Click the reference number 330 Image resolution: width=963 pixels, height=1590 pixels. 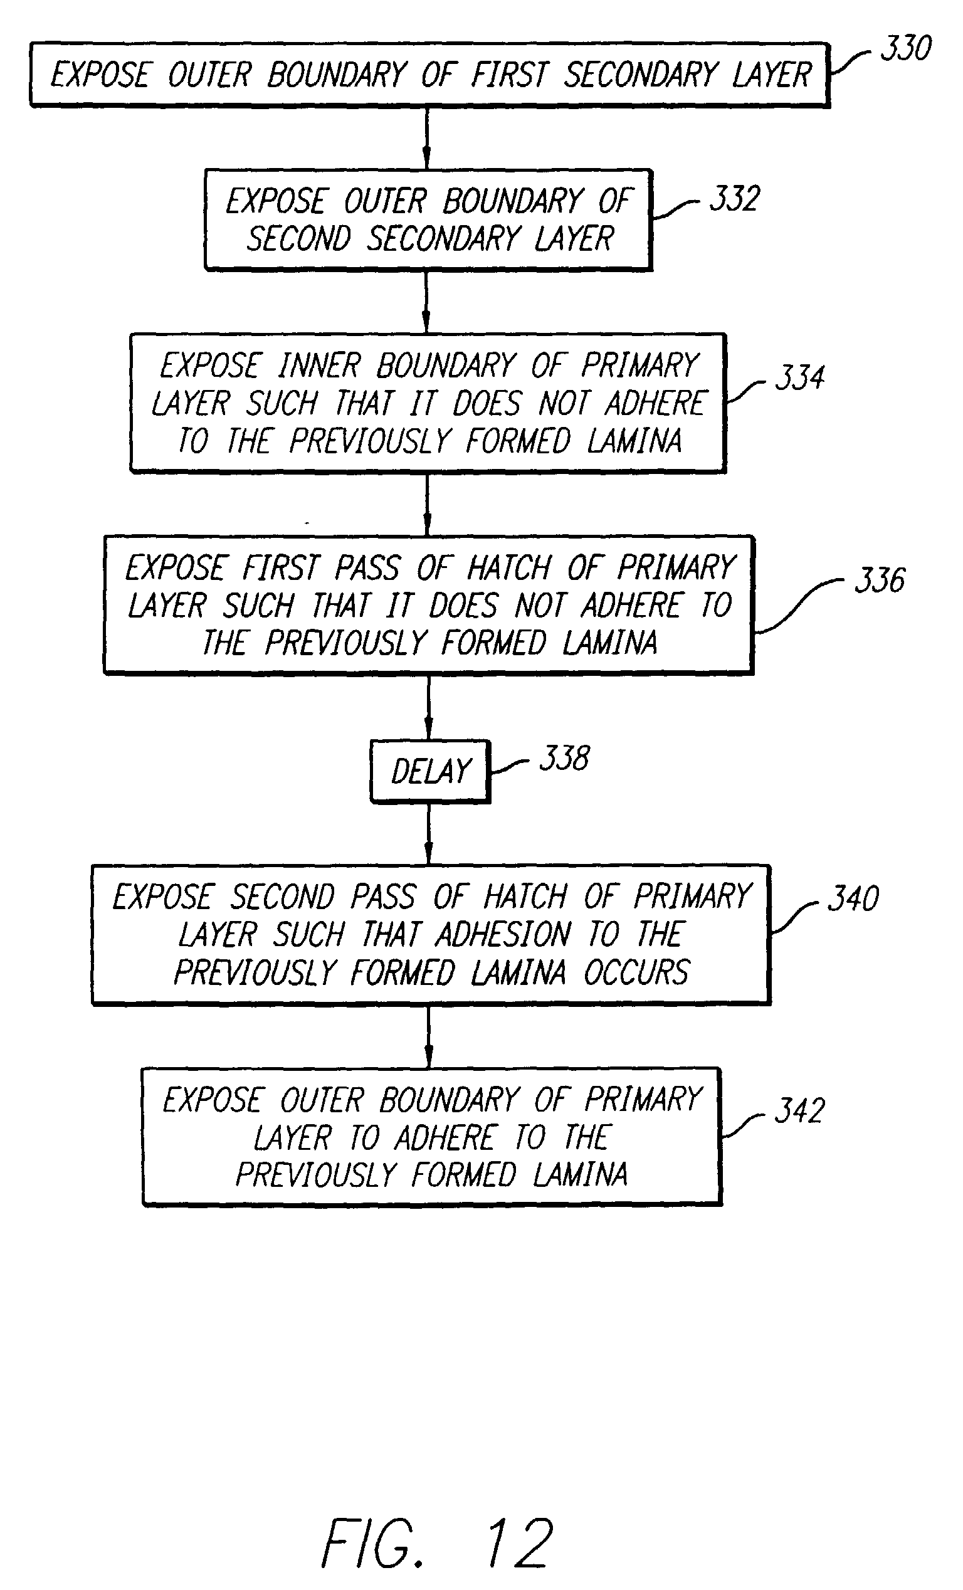tap(905, 48)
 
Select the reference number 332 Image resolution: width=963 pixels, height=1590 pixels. tap(735, 198)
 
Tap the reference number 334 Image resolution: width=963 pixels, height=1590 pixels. tap(800, 377)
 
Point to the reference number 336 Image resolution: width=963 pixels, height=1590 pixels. tap(880, 579)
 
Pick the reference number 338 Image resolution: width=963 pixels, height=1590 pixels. tap(564, 758)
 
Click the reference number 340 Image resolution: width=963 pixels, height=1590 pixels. tap(853, 898)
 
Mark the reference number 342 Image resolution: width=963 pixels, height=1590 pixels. tap(800, 1110)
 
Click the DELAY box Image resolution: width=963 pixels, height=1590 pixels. tap(430, 771)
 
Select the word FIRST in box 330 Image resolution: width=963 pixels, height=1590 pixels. tap(510, 74)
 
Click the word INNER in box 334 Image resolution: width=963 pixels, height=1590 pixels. tap(319, 366)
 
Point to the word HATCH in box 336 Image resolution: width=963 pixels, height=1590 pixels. tap(509, 568)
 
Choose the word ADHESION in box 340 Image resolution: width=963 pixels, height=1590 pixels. tap(504, 934)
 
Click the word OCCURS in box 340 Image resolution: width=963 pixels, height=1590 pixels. tap(636, 972)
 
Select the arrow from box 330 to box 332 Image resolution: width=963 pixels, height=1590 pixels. tap(426, 138)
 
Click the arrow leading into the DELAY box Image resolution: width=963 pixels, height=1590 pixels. tap(428, 707)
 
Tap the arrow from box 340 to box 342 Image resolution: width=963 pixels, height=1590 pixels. tap(429, 1036)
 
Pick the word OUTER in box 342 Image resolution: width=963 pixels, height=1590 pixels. tap(322, 1101)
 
